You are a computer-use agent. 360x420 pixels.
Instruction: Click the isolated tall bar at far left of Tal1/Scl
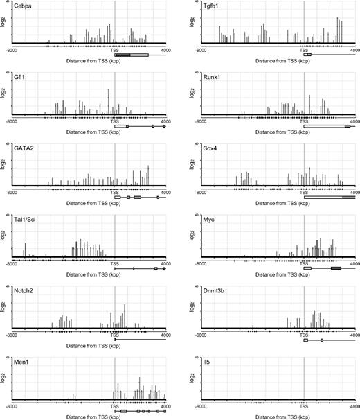25,251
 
